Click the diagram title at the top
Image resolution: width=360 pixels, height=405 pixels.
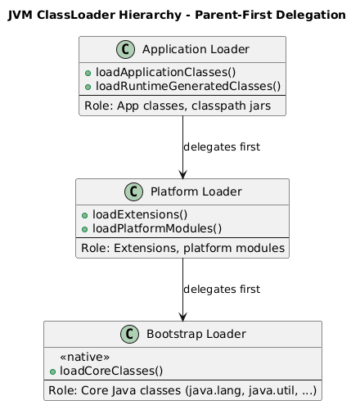coord(180,15)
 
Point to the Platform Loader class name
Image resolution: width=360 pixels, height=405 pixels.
coord(191,191)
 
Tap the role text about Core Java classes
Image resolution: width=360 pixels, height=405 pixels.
coord(182,390)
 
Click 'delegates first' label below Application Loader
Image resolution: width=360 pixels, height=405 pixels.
coord(222,147)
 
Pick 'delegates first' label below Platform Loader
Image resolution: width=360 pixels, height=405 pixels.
coord(222,290)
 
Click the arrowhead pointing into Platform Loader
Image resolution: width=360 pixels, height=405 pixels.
coord(182,173)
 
